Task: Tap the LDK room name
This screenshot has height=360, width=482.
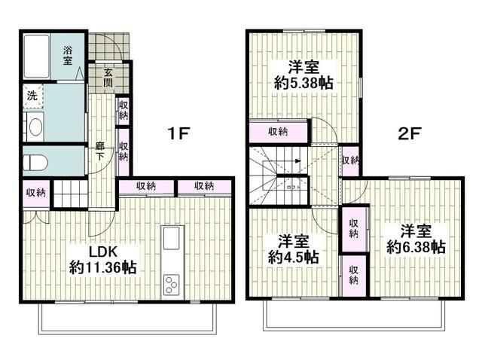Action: (x=102, y=251)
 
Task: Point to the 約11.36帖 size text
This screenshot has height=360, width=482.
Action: (x=102, y=267)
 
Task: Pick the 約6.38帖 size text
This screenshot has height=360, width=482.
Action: (x=416, y=246)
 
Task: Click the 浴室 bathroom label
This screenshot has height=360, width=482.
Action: (x=68, y=56)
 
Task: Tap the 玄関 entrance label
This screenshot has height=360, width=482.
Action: (x=108, y=78)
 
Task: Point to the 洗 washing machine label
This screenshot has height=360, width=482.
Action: (x=32, y=96)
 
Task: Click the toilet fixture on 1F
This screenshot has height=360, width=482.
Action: (x=36, y=162)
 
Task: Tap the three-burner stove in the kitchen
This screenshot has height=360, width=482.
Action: (x=172, y=285)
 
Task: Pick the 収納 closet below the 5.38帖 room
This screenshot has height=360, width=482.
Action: (x=278, y=132)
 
